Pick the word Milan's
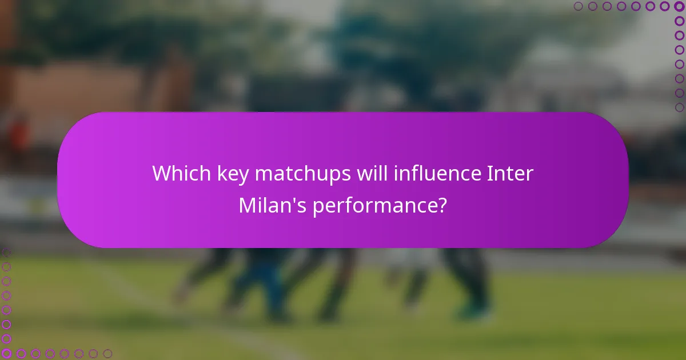point(272,206)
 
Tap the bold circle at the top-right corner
point(679,6)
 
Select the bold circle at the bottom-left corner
point(6,353)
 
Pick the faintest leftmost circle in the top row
point(579,6)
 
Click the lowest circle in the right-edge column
point(679,107)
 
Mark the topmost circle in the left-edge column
point(6,252)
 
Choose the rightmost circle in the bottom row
point(107,353)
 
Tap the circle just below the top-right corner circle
point(679,21)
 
